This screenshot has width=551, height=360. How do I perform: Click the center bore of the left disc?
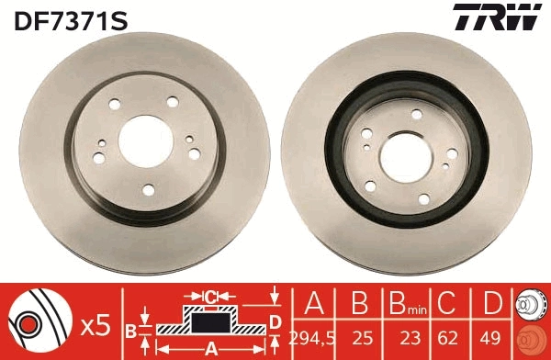pyautogui.click(x=142, y=146)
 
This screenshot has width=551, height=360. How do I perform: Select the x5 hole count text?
pyautogui.click(x=96, y=324)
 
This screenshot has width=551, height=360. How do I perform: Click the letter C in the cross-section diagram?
pyautogui.click(x=209, y=297)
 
